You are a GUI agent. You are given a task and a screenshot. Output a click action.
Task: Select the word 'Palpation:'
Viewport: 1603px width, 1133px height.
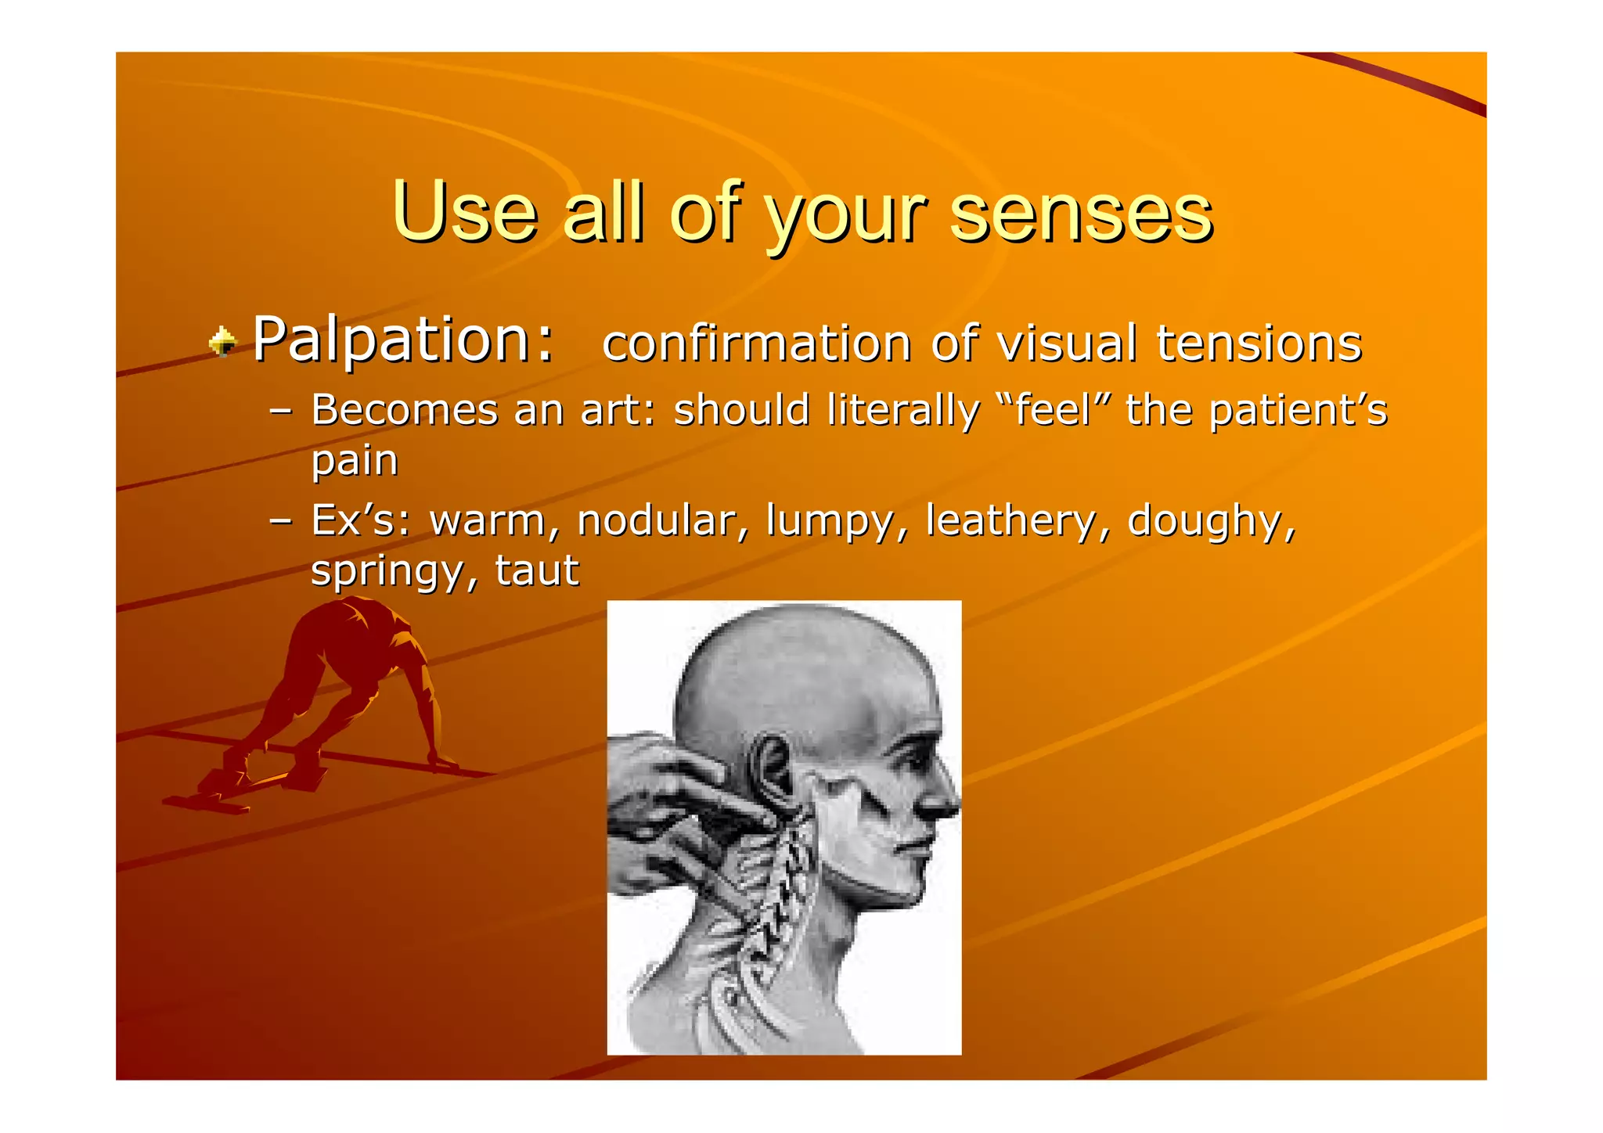(403, 341)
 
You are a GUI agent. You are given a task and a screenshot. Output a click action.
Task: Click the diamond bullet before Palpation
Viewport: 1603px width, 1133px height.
(223, 342)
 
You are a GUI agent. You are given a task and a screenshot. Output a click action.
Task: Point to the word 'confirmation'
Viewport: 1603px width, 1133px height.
(756, 344)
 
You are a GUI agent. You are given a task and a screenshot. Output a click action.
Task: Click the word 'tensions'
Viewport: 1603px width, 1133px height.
(1259, 344)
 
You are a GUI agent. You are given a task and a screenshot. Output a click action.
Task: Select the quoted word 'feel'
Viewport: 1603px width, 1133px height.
(1053, 410)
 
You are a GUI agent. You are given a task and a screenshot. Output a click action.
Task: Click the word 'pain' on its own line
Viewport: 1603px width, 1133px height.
(355, 460)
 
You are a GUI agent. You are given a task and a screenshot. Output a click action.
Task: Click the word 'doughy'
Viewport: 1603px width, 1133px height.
(1210, 522)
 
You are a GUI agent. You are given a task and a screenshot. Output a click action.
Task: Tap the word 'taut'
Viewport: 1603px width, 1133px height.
(537, 570)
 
